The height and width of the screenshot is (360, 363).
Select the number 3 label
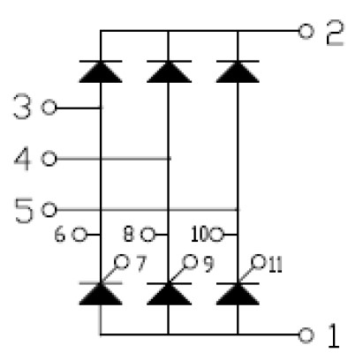pos(22,107)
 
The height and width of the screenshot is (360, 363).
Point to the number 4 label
pos(22,158)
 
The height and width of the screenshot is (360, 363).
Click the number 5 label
pos(24,210)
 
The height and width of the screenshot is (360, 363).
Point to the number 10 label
pos(200,235)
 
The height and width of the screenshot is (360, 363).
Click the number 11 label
pos(276,265)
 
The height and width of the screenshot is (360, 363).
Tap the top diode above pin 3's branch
pos(101,71)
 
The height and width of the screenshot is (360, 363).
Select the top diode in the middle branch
pos(169,71)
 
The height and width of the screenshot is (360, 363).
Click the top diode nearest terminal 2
pos(238,71)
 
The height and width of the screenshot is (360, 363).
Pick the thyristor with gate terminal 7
pos(101,294)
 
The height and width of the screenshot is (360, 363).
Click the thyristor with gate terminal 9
pos(169,294)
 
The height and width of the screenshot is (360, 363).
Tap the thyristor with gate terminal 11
pos(238,294)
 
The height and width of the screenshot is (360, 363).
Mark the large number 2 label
pos(336,33)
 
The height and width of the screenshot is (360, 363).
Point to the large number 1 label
pos(334,335)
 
